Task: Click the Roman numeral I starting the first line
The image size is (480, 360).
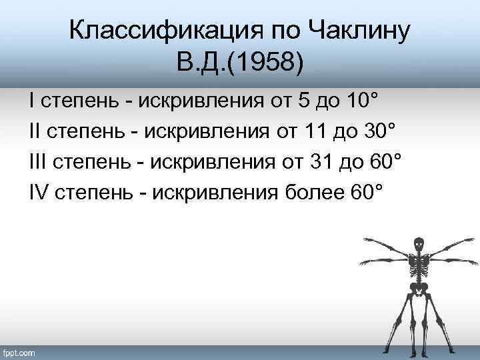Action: tap(32, 101)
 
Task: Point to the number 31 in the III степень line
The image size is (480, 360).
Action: tap(318, 162)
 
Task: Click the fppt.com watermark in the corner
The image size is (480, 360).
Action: tap(21, 352)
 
